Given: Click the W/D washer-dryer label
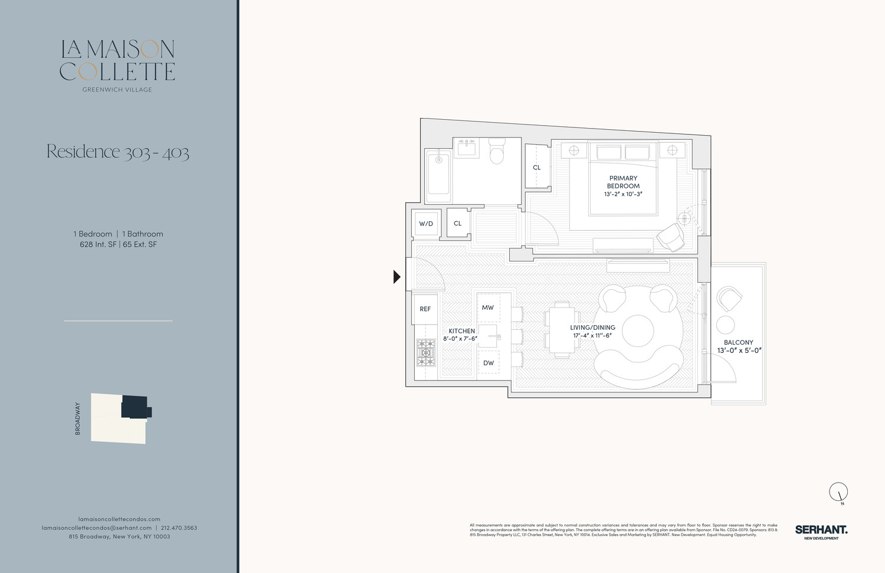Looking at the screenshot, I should (425, 224).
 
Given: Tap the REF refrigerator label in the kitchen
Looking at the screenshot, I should (425, 309).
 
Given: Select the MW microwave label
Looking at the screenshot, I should (487, 307).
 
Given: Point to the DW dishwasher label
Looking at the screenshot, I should (489, 363).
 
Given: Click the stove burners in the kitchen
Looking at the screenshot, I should (425, 353).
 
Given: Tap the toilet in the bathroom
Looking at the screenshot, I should (497, 151).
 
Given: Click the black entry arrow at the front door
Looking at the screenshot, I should (397, 276).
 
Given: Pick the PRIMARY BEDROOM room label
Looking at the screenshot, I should (623, 182).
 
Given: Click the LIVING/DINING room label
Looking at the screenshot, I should (592, 328).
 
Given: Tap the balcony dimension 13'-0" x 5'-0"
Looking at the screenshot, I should (739, 351).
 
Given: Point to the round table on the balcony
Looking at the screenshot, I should (725, 325).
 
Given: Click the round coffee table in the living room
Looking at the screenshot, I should (638, 330).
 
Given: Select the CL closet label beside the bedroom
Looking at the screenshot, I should (536, 168).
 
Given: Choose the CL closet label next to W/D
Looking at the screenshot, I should (457, 224).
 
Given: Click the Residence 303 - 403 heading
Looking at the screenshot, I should (118, 152).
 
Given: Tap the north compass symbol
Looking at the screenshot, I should (838, 492).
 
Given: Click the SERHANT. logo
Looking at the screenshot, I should (821, 531).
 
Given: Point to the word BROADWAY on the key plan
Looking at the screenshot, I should (78, 418).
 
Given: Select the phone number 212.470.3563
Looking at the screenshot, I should (179, 528).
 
